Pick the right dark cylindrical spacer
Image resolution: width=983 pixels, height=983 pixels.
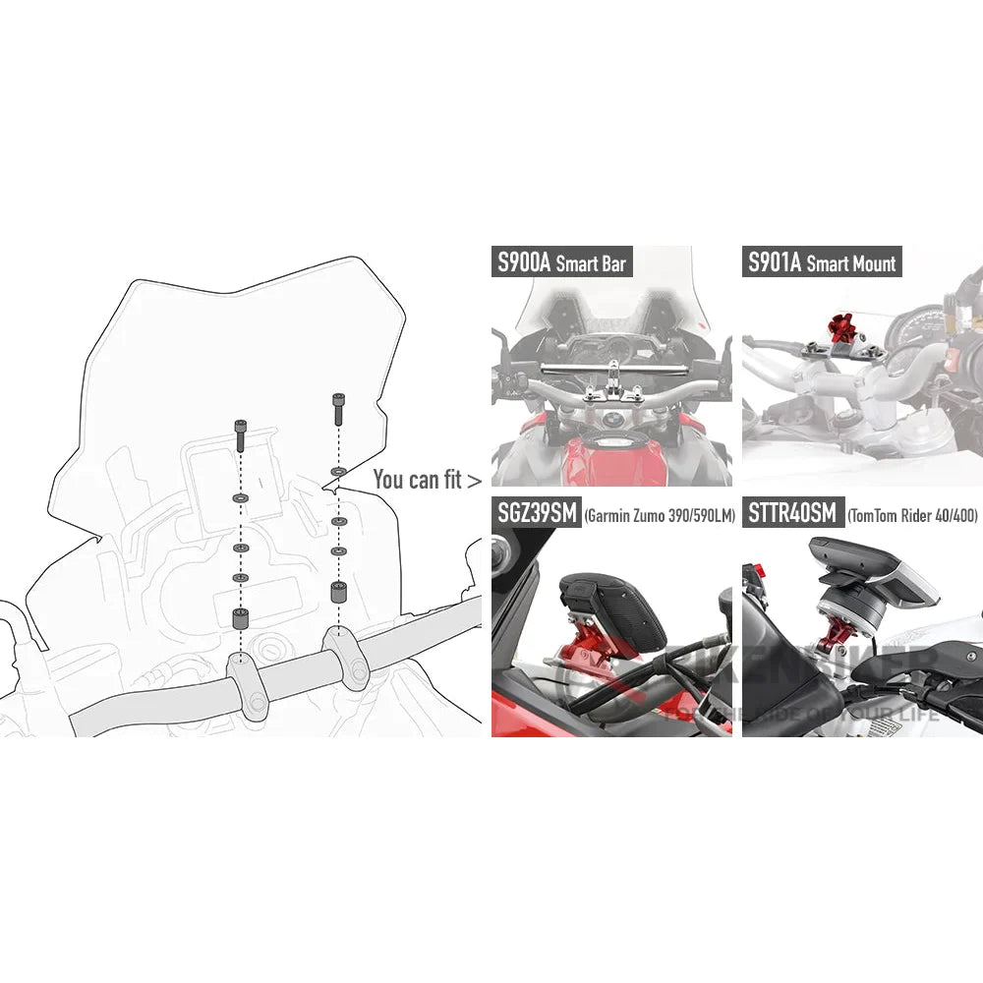(337, 594)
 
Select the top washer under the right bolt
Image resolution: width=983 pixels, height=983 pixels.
(337, 473)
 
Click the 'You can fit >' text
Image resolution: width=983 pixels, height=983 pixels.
(427, 480)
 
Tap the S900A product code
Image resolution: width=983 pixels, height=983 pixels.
(523, 262)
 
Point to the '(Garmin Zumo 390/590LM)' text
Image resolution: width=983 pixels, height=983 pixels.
(659, 515)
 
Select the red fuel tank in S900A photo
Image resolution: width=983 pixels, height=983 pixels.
(609, 462)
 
